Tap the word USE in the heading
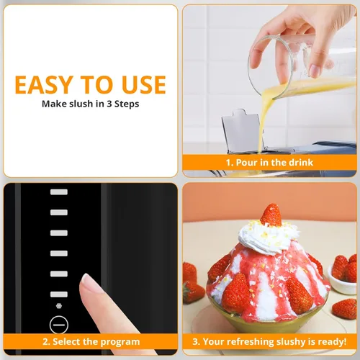tap(143, 85)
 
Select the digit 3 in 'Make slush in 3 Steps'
tap(109, 104)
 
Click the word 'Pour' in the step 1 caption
tap(246, 163)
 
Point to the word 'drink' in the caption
tap(301, 163)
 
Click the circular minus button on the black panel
tap(59, 325)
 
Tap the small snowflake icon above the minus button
tap(59, 306)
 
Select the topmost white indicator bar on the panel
tap(59, 192)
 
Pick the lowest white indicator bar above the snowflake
tap(59, 294)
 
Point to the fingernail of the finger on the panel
tap(89, 280)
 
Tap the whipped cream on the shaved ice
tap(269, 237)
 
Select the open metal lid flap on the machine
tap(242, 131)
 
